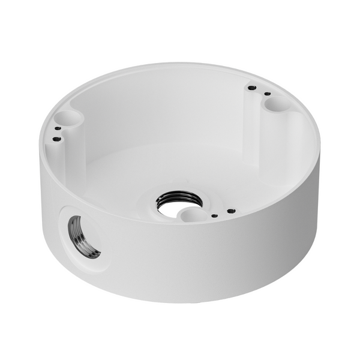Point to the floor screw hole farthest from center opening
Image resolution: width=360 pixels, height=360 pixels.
[x=230, y=210]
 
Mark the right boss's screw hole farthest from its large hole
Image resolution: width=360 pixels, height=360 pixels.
[x=252, y=88]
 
